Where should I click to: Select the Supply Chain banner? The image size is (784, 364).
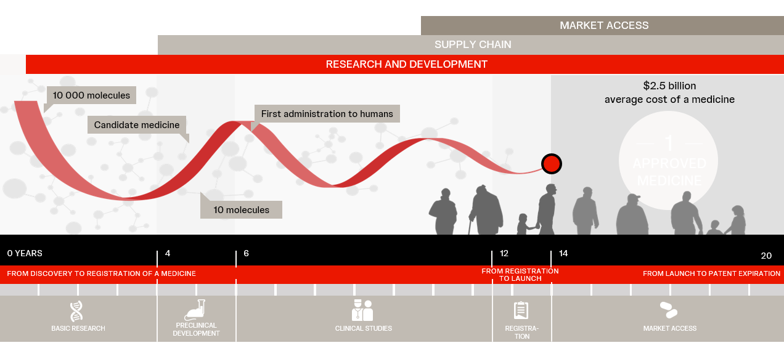[473, 44]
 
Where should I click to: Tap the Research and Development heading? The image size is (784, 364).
[406, 64]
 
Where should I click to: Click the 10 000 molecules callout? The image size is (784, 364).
[91, 95]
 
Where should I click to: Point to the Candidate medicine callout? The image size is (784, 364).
[136, 125]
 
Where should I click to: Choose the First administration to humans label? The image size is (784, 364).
[327, 114]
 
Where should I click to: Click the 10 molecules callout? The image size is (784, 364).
[241, 209]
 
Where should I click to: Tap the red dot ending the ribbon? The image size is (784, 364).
[552, 164]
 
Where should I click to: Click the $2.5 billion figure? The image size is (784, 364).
[669, 86]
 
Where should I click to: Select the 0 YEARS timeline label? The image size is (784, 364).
[25, 253]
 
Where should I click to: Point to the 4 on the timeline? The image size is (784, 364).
[168, 253]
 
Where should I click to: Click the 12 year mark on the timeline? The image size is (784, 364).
[504, 253]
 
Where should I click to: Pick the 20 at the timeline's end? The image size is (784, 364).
[766, 256]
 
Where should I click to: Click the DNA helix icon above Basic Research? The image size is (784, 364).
[76, 311]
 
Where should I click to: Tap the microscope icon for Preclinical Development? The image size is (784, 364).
[195, 310]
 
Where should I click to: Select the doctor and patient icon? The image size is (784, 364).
[362, 310]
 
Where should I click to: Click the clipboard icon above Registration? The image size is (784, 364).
[521, 310]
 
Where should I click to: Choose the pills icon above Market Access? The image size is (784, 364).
[669, 310]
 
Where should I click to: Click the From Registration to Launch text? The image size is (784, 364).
[520, 275]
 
